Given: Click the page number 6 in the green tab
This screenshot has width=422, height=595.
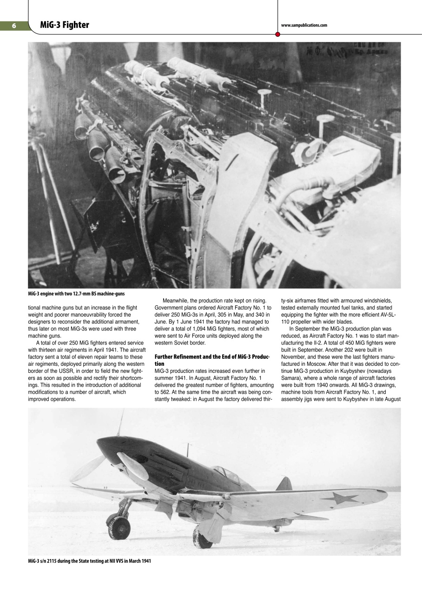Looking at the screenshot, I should pos(14,26).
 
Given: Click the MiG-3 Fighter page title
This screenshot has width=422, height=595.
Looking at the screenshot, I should pos(64,25).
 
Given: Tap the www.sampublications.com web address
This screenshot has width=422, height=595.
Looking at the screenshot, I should pos(304,26).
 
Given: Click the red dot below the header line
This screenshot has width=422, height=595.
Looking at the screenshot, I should pos(277,34).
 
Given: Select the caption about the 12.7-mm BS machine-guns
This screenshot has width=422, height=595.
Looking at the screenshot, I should pos(76,293).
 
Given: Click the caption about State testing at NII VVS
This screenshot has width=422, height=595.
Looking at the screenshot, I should pos(89,561).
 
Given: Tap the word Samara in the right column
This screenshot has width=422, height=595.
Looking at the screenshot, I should pos(291,374).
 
